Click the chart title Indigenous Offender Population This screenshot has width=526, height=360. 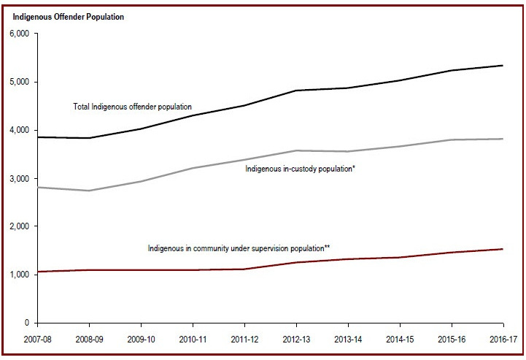click(x=69, y=17)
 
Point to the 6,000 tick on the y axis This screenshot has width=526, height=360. click(x=18, y=34)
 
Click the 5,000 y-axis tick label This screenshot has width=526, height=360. click(x=18, y=82)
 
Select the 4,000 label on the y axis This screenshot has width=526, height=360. click(x=18, y=130)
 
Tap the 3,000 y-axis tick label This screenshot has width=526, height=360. click(x=18, y=178)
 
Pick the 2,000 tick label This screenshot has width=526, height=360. click(x=18, y=226)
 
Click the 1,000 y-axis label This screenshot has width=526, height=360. click(x=18, y=275)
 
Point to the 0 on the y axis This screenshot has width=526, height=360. click(x=27, y=323)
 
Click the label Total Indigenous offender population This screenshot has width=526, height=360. click(x=132, y=107)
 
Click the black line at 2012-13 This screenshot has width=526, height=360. click(x=296, y=91)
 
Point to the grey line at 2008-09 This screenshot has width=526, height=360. click(x=89, y=191)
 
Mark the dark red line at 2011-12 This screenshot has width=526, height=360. click(x=244, y=269)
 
